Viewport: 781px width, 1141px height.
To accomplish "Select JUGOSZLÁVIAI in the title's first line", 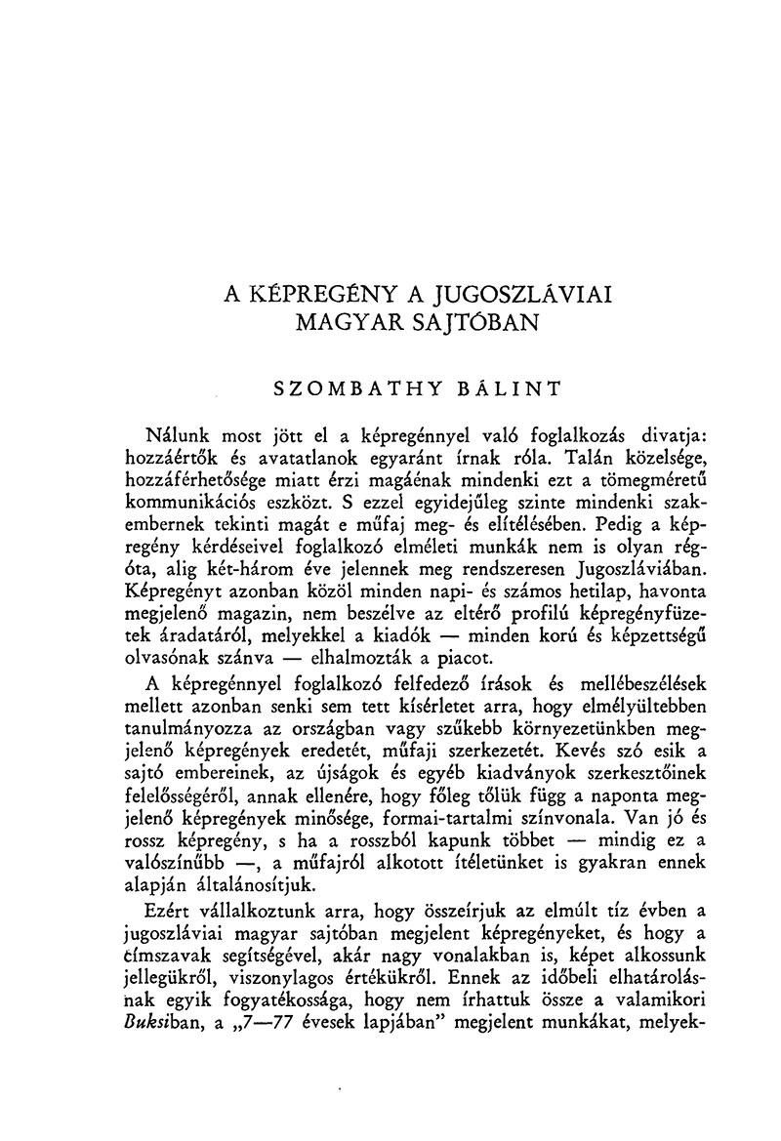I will pos(523,294).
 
